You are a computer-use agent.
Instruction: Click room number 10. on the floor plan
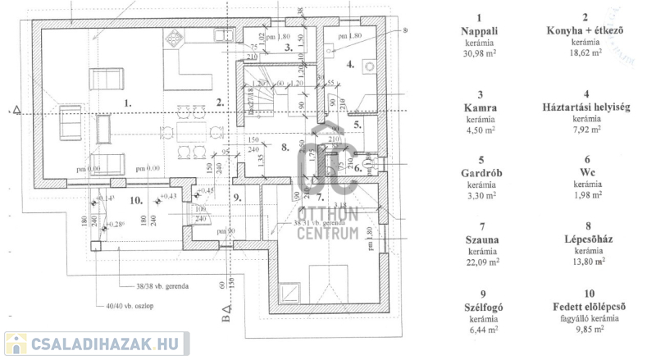coord(137,199)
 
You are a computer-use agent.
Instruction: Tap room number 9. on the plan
coord(238,197)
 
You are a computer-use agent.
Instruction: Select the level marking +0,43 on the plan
coord(168,195)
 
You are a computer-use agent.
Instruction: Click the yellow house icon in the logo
coord(16,344)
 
